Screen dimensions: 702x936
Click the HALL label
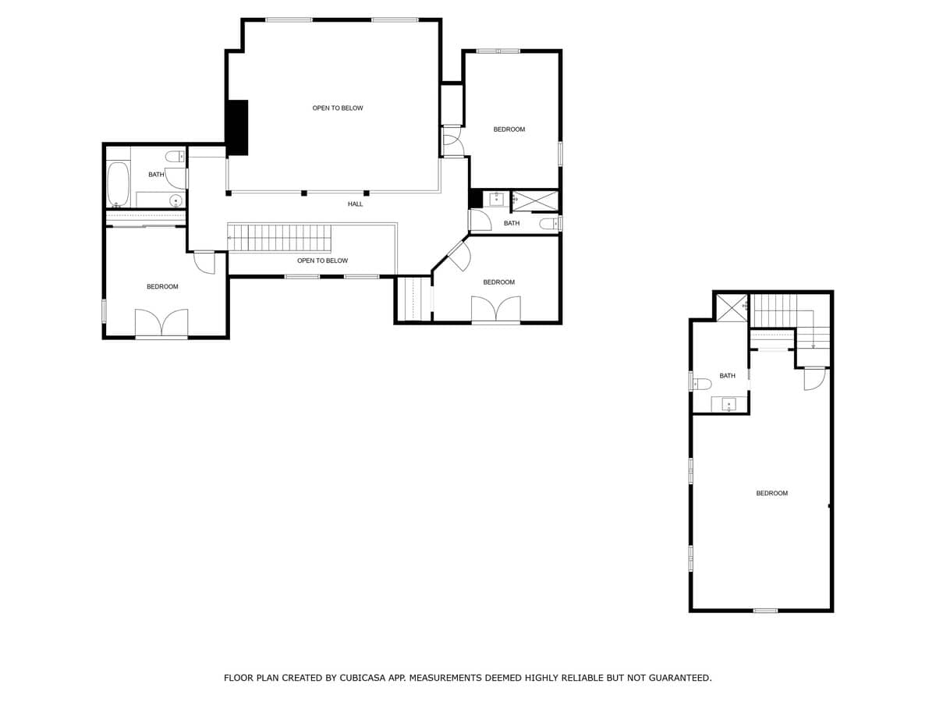click(355, 204)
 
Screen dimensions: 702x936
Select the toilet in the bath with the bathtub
click(175, 156)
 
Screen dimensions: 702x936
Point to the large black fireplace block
click(237, 127)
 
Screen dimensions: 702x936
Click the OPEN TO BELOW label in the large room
click(338, 108)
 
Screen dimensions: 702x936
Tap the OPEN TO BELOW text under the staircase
click(322, 261)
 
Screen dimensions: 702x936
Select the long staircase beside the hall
click(280, 237)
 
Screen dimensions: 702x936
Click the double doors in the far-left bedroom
click(161, 323)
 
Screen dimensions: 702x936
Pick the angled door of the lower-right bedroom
click(458, 256)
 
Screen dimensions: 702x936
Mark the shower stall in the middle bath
click(536, 200)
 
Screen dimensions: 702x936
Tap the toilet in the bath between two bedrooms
click(550, 224)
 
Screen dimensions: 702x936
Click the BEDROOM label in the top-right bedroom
click(509, 129)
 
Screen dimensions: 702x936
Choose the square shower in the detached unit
click(732, 308)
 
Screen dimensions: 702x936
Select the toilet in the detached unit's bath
click(701, 384)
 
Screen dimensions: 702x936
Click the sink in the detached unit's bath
click(729, 404)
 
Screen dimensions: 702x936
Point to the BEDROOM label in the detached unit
click(771, 494)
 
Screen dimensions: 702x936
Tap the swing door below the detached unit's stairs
click(814, 378)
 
